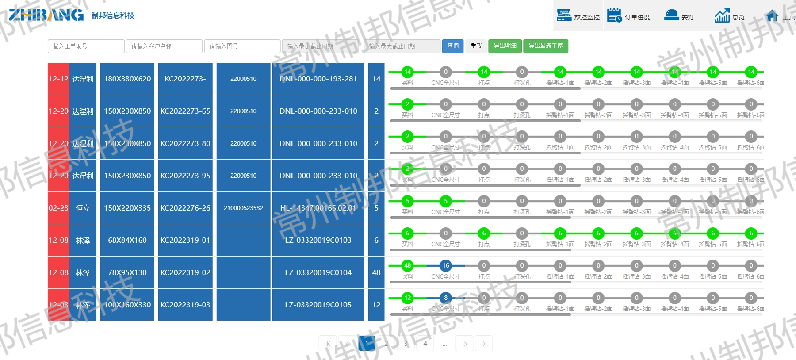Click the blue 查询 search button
(x=452, y=46)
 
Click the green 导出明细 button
(x=505, y=46)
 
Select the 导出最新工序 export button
(x=545, y=46)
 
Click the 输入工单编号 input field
(x=86, y=46)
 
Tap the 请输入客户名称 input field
(x=164, y=46)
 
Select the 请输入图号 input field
(x=242, y=46)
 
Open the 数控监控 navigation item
(x=578, y=16)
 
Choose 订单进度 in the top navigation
(x=628, y=16)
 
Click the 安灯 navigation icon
(x=679, y=16)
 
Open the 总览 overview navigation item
(x=729, y=16)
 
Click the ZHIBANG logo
(x=46, y=15)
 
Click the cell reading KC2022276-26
(x=185, y=208)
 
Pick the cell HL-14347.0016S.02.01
(x=318, y=208)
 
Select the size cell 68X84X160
(x=127, y=240)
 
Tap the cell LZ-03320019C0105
(x=318, y=305)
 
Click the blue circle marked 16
(x=446, y=265)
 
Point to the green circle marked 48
(x=407, y=265)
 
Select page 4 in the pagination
(x=425, y=343)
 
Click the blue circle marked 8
(x=446, y=298)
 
